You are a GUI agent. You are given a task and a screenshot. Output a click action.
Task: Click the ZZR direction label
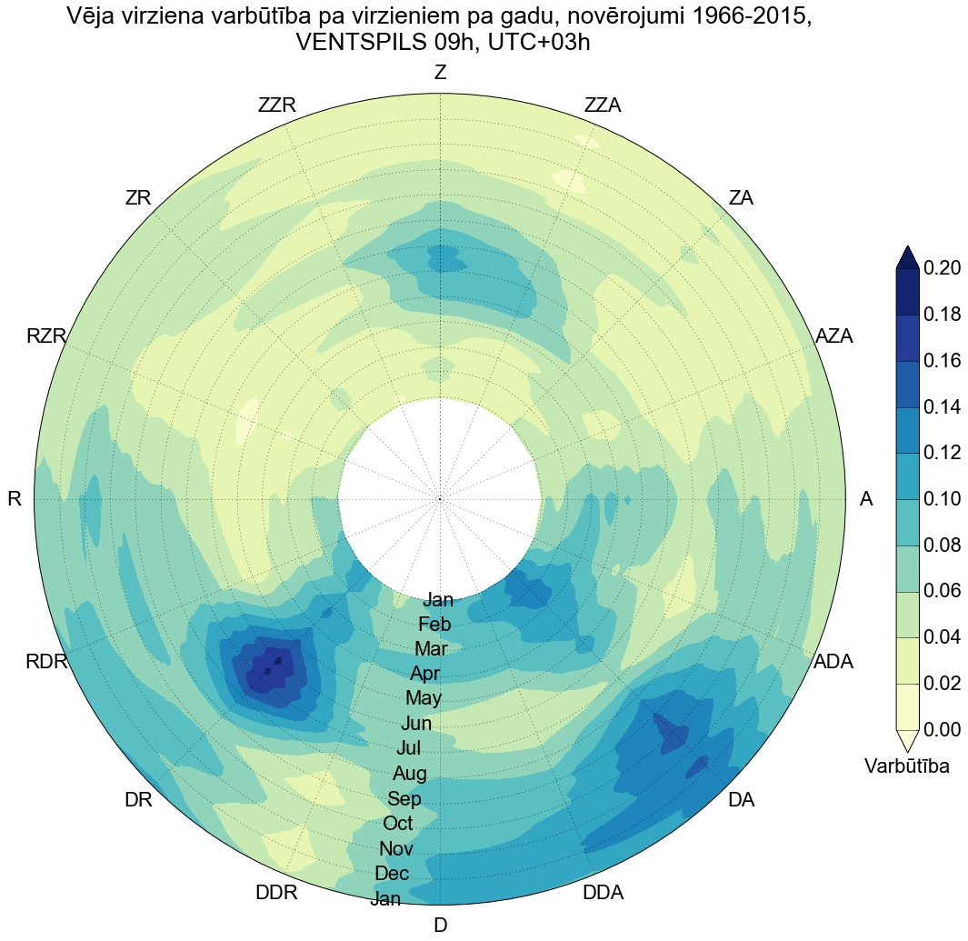pyautogui.click(x=276, y=105)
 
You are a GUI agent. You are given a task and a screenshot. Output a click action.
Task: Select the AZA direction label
pyautogui.click(x=833, y=336)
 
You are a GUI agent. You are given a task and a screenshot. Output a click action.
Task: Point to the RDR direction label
pyautogui.click(x=46, y=662)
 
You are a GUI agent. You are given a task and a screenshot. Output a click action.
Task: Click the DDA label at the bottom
pyautogui.click(x=603, y=893)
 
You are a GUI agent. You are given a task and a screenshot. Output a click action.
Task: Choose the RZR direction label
pyautogui.click(x=46, y=336)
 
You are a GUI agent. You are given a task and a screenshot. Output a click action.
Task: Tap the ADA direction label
pyautogui.click(x=833, y=662)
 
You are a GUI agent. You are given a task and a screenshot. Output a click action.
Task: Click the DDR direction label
pyautogui.click(x=276, y=893)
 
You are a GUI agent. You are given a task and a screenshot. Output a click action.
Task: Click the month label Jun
pyautogui.click(x=416, y=725)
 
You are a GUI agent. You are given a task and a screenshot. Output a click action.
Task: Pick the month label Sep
pyautogui.click(x=404, y=799)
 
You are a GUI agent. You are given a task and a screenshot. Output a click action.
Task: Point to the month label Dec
pyautogui.click(x=392, y=874)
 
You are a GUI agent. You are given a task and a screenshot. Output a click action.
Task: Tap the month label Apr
pyautogui.click(x=424, y=675)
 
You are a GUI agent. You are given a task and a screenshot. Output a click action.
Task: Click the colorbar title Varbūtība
pyautogui.click(x=906, y=766)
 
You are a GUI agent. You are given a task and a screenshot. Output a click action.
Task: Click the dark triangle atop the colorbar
pyautogui.click(x=908, y=257)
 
